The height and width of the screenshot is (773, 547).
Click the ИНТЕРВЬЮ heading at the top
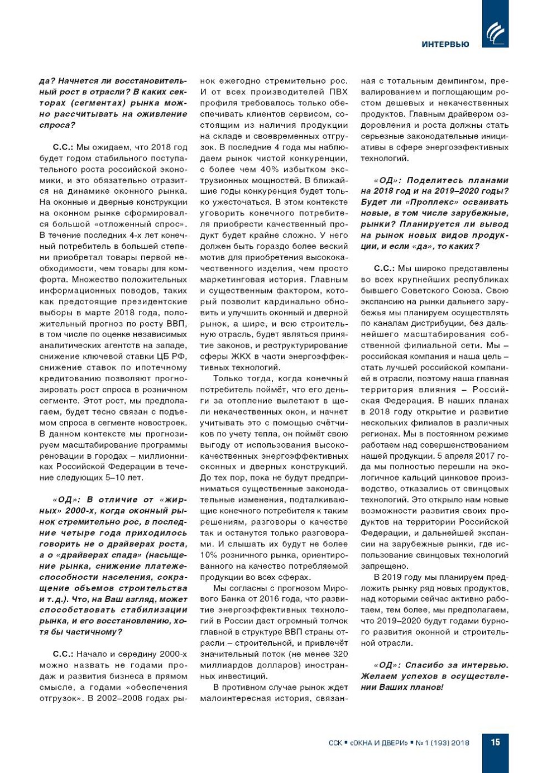(445, 45)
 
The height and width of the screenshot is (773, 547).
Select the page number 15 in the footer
(496, 742)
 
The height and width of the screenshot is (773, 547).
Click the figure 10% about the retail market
(209, 555)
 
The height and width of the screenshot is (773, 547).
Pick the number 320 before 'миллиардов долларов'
(340, 654)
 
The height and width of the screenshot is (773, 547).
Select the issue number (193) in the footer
(439, 743)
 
